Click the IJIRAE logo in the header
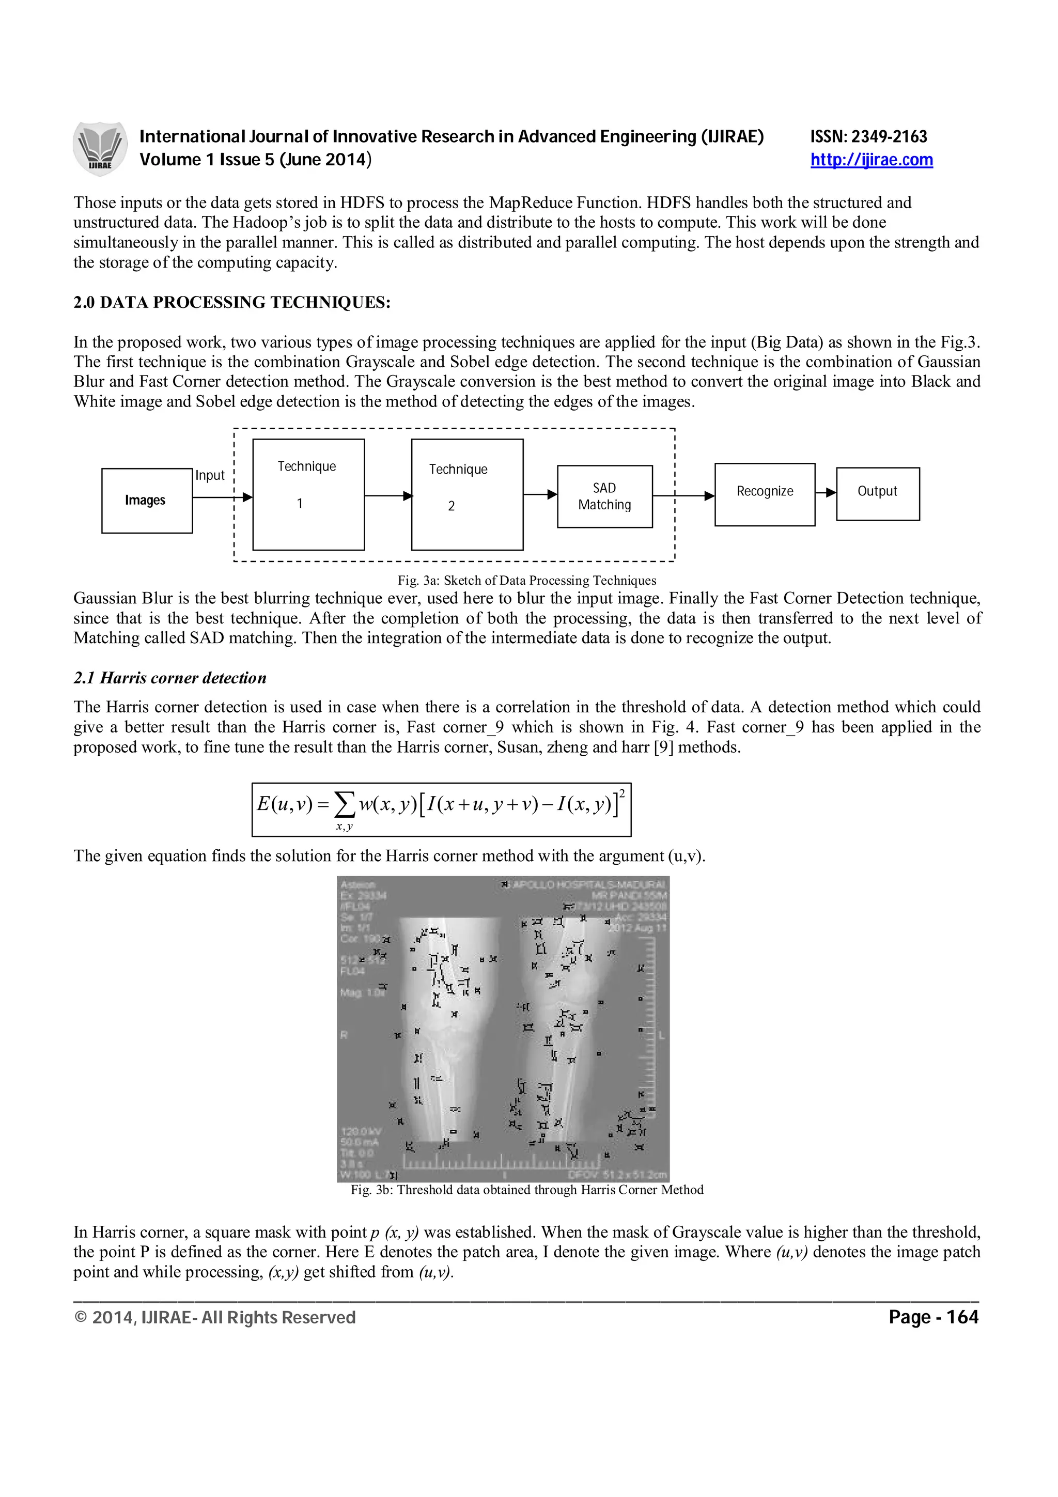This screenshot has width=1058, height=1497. click(100, 149)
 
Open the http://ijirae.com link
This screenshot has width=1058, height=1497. click(871, 160)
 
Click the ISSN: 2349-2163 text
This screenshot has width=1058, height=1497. click(868, 136)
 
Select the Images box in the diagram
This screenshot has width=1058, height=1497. click(147, 500)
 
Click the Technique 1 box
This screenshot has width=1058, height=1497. click(308, 494)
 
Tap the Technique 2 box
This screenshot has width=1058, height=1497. click(466, 494)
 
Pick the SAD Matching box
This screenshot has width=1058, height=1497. click(604, 496)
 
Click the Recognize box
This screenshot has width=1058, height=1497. click(764, 494)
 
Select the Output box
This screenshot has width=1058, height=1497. click(877, 493)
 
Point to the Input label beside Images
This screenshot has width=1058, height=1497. click(210, 475)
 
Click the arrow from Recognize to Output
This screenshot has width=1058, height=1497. click(826, 493)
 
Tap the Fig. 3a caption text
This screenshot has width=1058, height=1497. click(527, 580)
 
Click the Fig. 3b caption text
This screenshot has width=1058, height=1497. click(527, 1190)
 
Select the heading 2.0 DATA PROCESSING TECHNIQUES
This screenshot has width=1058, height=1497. click(231, 303)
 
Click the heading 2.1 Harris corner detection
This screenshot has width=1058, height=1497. click(169, 678)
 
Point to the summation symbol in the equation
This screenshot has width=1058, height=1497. click(344, 805)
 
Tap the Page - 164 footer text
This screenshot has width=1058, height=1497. click(933, 1318)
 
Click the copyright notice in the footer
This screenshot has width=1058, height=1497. click(215, 1318)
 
